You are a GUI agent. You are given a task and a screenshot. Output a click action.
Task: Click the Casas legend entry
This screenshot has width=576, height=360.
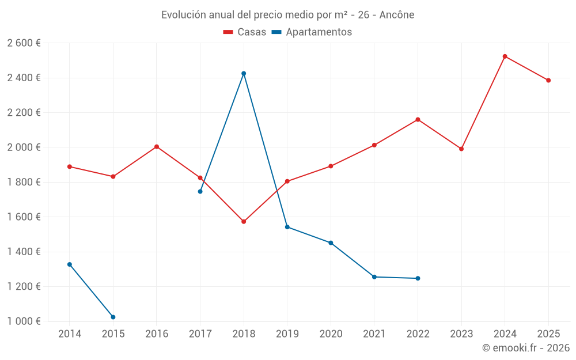point(245,32)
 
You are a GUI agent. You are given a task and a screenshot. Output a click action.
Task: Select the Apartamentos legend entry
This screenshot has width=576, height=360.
point(311,32)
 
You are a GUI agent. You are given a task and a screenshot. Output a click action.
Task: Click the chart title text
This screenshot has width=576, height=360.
point(287,15)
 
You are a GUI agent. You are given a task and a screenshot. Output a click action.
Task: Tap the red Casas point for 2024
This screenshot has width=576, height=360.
point(505,56)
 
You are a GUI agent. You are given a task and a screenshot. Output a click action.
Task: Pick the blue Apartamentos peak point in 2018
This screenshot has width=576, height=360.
point(244,73)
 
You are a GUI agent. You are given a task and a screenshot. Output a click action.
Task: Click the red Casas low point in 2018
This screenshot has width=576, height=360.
point(244,221)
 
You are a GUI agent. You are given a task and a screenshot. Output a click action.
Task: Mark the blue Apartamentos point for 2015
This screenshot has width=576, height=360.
point(113,317)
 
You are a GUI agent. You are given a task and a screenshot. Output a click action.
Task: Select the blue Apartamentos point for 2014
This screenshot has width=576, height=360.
point(70,264)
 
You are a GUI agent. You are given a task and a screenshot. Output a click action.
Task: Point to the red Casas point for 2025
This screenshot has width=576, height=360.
point(548,80)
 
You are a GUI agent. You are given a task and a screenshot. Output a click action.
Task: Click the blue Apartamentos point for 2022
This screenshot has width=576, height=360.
point(418,278)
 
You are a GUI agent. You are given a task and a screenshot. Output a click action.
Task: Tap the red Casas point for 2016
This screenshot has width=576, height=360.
point(157,146)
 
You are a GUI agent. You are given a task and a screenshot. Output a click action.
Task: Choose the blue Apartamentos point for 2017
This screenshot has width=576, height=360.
point(200,191)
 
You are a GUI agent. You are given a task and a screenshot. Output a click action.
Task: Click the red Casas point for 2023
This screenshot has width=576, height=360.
point(461,149)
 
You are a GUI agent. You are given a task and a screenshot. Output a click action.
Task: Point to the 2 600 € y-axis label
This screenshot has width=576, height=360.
point(24,43)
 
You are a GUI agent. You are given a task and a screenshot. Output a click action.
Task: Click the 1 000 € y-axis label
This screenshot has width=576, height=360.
point(24,321)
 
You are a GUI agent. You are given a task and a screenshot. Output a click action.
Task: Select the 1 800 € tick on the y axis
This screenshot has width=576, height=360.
point(24,182)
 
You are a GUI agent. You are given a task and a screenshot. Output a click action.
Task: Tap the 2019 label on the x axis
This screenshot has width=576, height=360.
point(287,334)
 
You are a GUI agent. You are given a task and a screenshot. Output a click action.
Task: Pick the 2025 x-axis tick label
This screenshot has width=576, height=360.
point(548,334)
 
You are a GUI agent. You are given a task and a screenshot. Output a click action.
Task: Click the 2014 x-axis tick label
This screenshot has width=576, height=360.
point(70,334)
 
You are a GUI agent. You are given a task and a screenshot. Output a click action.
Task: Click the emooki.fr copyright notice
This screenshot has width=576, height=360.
point(525,348)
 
